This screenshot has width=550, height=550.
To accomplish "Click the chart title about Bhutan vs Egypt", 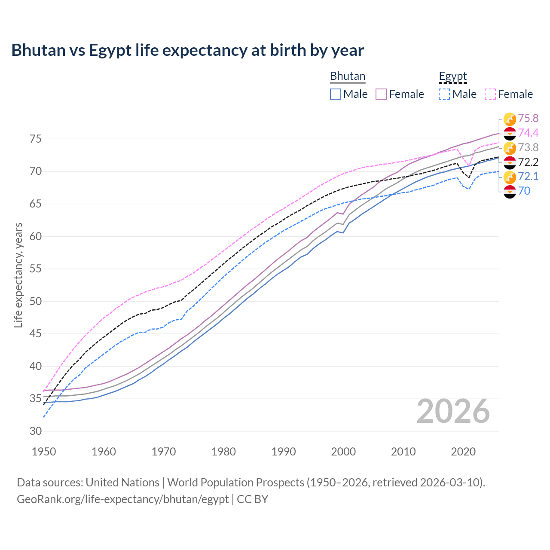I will point(187,50).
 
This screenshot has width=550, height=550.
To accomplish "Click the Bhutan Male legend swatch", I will point(336,94).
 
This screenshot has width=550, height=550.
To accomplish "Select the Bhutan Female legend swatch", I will point(381,94).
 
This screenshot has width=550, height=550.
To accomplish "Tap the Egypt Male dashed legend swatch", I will point(444,94).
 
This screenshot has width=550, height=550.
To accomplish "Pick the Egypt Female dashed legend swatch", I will point(490,94).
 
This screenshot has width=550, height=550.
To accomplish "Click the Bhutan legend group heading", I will point(347,76).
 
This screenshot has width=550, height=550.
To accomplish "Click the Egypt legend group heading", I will point(452,76).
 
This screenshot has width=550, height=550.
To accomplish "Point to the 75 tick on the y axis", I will point(35,139).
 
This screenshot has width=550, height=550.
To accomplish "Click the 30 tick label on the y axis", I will point(35,431).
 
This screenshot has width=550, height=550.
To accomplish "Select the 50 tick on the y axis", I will point(35,301).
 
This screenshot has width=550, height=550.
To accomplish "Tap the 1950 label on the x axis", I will point(44,452).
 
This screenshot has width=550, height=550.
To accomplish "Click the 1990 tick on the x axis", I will point(284,452).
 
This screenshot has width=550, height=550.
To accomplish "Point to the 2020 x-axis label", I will point(463,452).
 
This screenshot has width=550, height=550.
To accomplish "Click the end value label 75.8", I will point(528,118).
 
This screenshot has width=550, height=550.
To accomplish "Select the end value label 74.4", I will point(528,133).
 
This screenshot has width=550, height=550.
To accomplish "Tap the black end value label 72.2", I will point(528,162).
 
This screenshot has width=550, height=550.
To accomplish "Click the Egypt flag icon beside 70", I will point(510,192).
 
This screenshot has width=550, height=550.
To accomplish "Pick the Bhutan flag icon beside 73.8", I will point(510,148).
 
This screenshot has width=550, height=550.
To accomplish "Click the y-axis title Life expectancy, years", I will point(18,275).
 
